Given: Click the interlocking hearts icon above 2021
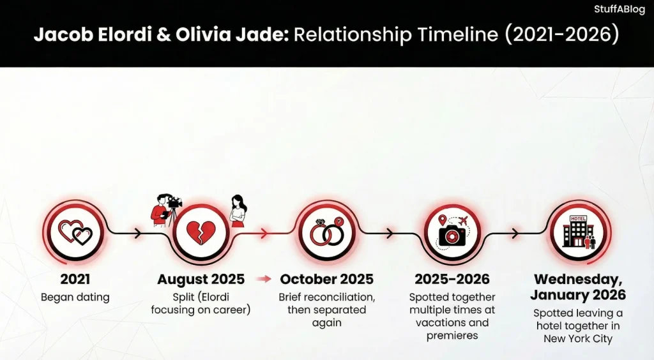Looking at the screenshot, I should pyautogui.click(x=75, y=233).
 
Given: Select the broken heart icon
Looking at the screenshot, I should pyautogui.click(x=200, y=233).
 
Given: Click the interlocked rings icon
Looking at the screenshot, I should pyautogui.click(x=326, y=233).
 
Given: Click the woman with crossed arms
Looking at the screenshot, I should pyautogui.click(x=238, y=211).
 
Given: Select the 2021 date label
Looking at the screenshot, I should pyautogui.click(x=75, y=279).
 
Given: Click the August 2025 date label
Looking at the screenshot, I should pyautogui.click(x=201, y=279).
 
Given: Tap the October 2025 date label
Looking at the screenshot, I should pyautogui.click(x=326, y=279).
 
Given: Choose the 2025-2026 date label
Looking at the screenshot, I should pyautogui.click(x=452, y=279).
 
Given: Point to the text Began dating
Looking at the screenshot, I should pyautogui.click(x=75, y=297).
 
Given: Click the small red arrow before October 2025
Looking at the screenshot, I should pyautogui.click(x=263, y=279).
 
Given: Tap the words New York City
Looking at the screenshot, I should pyautogui.click(x=577, y=338).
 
